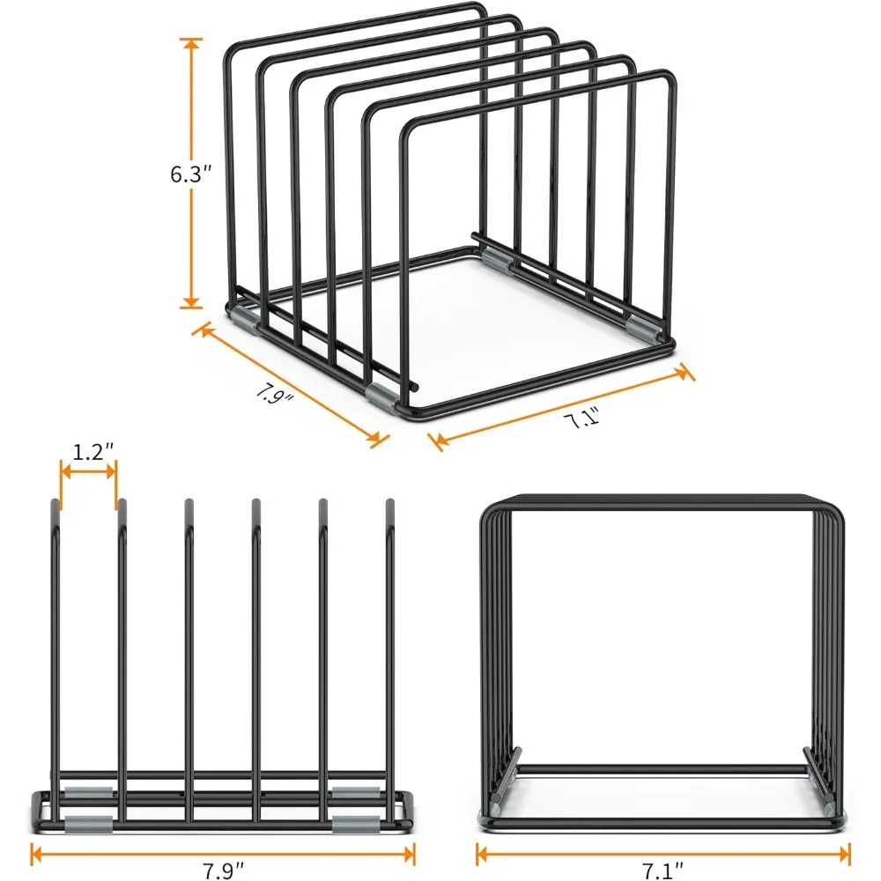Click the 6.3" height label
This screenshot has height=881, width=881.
coord(190,174)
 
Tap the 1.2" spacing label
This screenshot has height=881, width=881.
coord(93,453)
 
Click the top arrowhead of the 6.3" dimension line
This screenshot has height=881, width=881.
coord(190,42)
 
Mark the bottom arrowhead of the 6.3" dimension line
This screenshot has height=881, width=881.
coord(190,304)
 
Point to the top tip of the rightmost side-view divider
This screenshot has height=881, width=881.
coord(389,504)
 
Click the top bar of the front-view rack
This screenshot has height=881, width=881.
coord(661,499)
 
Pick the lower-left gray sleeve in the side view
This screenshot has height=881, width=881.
coord(89,825)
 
